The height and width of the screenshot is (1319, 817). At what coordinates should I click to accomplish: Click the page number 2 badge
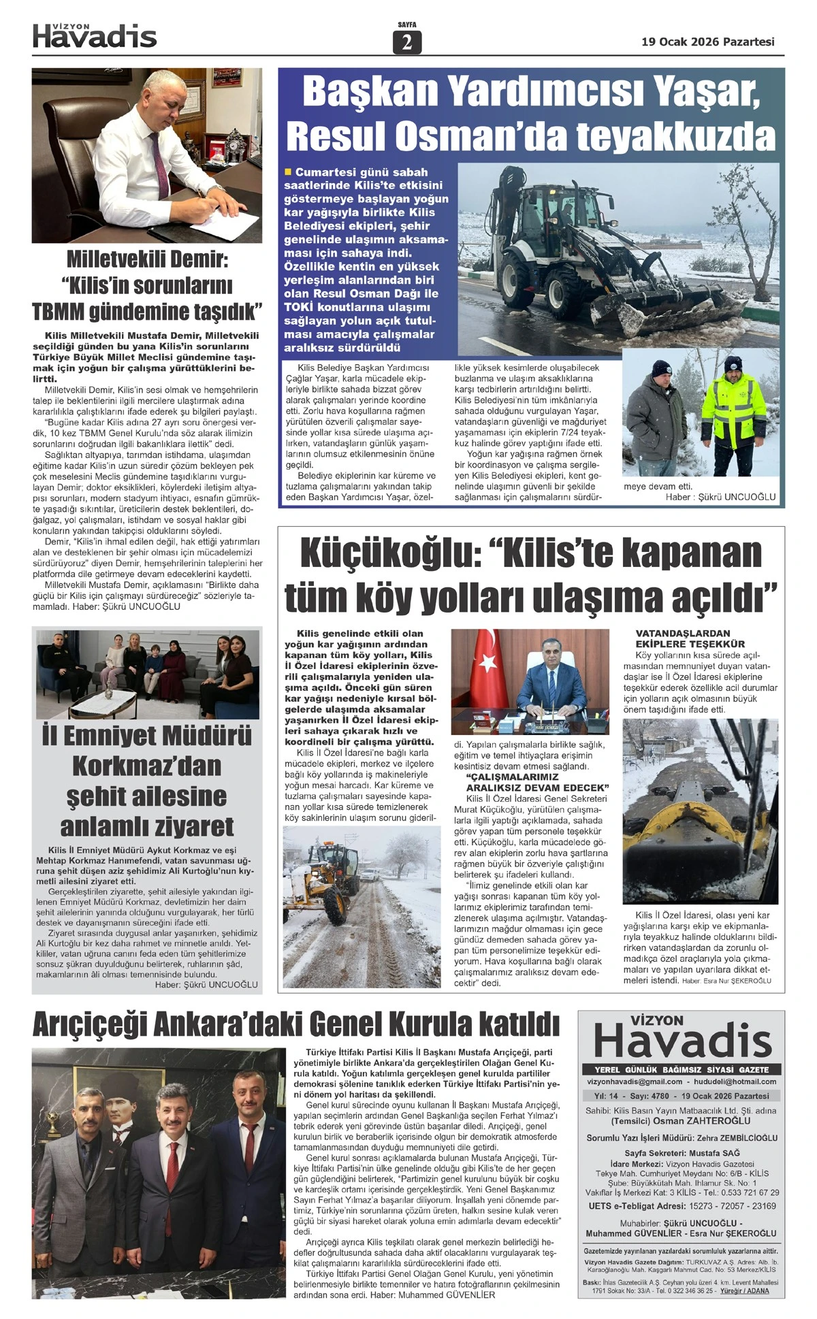[x=407, y=42]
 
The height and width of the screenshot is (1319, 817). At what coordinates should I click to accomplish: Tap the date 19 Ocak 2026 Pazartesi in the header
[x=708, y=42]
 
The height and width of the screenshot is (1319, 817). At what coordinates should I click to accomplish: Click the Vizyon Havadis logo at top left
[x=95, y=36]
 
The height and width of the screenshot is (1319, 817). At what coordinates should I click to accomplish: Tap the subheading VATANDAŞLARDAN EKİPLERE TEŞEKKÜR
[x=690, y=638]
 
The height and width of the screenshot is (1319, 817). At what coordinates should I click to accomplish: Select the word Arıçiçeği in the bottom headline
[x=89, y=1024]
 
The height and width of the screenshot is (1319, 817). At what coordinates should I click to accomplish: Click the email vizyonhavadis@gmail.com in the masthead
[x=635, y=1081]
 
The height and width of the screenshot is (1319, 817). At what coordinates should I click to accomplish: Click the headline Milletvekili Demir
[x=147, y=259]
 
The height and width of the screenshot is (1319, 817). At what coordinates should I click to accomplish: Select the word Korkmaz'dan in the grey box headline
[x=147, y=766]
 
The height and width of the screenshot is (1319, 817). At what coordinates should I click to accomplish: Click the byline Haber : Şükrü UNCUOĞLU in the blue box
[x=720, y=497]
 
